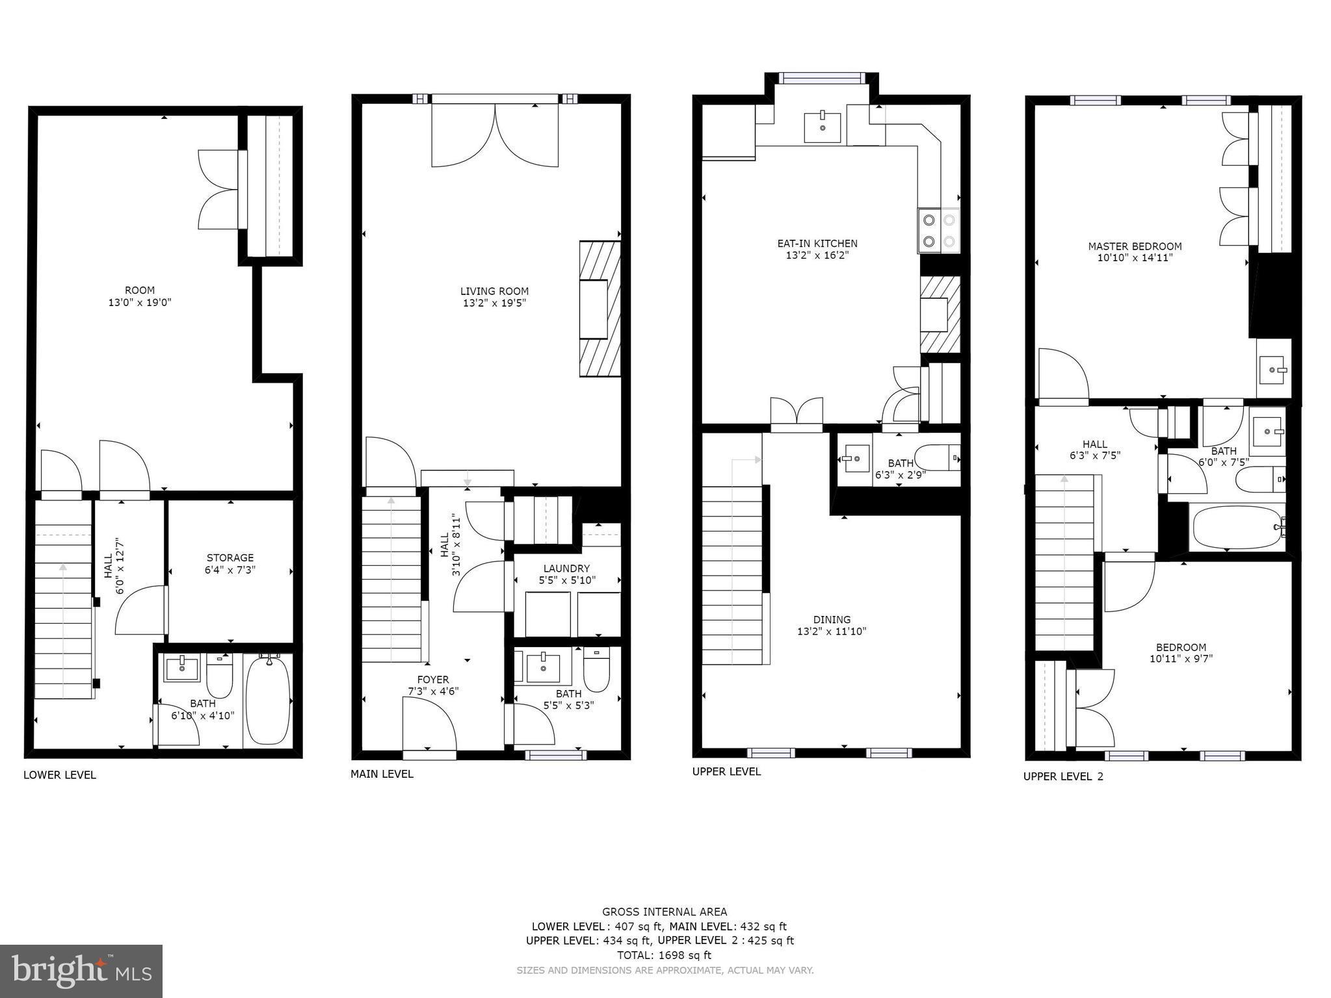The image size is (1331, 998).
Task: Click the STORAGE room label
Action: [x=230, y=557]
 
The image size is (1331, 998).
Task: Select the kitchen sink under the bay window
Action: [x=823, y=127]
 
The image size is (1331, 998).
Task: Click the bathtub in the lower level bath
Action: [x=268, y=701]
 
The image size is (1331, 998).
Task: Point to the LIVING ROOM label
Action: [x=494, y=291]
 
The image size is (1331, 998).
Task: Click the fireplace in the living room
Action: [x=600, y=309]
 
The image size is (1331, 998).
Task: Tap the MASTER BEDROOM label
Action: [x=1135, y=246]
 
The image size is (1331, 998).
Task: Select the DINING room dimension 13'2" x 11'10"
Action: [x=832, y=631]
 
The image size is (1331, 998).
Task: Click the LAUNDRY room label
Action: [x=566, y=569]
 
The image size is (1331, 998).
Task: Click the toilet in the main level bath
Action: [x=596, y=670]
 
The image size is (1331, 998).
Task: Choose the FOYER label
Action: [x=433, y=680]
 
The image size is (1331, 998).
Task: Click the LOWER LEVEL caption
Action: [x=60, y=774]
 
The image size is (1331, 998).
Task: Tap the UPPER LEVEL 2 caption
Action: [x=1063, y=776]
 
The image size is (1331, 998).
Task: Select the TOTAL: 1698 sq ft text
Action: [x=664, y=955]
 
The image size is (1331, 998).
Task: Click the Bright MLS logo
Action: [x=81, y=971]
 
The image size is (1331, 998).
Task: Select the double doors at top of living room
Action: [x=495, y=135]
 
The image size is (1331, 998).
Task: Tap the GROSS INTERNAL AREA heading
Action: [x=664, y=912]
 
